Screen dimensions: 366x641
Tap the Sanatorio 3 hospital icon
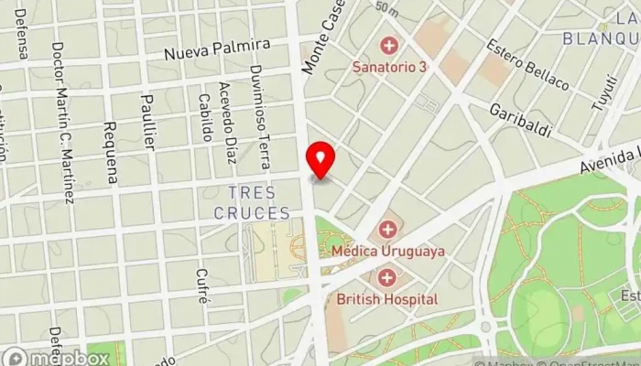(389, 45)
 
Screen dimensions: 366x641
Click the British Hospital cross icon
(388, 276)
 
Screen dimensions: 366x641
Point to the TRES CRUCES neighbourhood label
(252, 202)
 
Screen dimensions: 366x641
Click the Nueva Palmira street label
(217, 48)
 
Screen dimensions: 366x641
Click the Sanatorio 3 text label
(389, 66)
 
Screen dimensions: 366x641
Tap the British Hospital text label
(387, 298)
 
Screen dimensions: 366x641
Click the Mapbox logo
(55, 358)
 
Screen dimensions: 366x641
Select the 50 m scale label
(386, 9)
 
